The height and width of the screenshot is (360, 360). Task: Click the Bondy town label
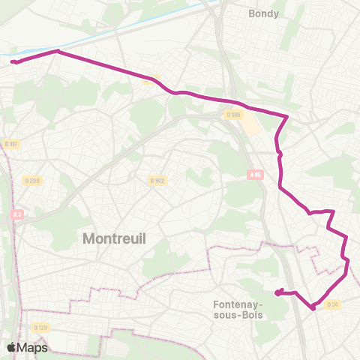point(263,13)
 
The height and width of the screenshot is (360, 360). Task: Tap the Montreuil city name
point(114,239)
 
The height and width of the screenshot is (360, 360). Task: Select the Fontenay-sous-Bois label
point(240,309)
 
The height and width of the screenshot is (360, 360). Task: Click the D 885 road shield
point(233,115)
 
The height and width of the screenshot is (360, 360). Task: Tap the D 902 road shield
point(157,180)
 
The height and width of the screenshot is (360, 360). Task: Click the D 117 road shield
point(10,143)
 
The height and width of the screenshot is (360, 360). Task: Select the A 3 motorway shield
point(16,214)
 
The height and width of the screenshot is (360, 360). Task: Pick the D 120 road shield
point(40,328)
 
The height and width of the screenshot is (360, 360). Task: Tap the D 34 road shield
point(334,304)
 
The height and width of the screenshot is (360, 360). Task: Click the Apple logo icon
point(12,347)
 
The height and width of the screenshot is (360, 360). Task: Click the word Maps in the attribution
point(33,347)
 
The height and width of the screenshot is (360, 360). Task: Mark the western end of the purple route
point(13,61)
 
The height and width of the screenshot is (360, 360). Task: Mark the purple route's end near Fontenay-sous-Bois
point(277,293)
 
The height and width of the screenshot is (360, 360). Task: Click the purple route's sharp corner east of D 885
point(287,116)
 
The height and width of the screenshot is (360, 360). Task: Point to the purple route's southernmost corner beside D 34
point(313,307)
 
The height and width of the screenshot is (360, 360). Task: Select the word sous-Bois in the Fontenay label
point(240,315)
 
